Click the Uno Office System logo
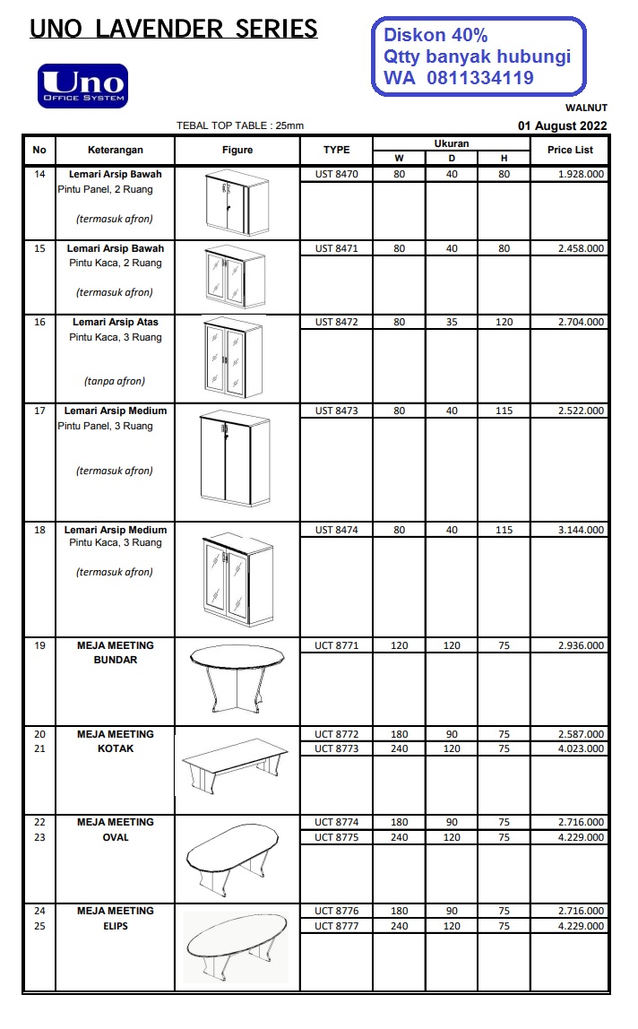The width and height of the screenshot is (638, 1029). point(82,85)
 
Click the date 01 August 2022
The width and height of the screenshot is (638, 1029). point(563,126)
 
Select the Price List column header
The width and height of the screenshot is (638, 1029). point(570,150)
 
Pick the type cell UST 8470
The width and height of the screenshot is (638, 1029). point(336,175)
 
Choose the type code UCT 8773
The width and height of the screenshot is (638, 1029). point(336,748)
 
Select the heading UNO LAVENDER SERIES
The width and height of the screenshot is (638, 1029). point(174,30)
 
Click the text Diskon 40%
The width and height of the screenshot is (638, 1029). point(435,36)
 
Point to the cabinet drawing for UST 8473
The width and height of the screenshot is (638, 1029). point(237,460)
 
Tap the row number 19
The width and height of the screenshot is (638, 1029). point(39,645)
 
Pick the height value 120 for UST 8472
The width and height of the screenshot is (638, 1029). point(504,322)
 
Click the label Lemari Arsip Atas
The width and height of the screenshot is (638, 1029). point(116,322)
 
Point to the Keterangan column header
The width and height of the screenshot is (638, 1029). point(116,150)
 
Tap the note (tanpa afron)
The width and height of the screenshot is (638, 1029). point(115,381)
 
